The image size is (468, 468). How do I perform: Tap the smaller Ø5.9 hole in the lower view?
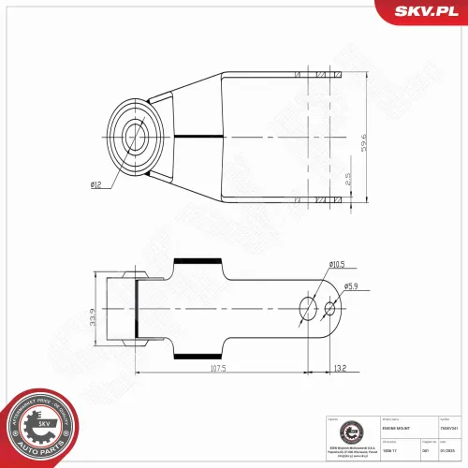(x=329, y=308)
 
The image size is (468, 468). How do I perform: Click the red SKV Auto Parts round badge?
(x=39, y=427)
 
